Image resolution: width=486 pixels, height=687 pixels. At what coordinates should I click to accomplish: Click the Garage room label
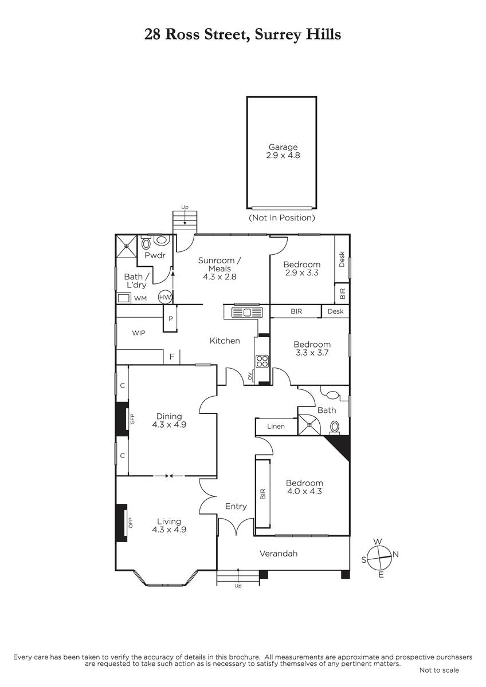pyautogui.click(x=283, y=147)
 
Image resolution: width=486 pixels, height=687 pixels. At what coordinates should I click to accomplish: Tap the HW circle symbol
pyautogui.click(x=165, y=297)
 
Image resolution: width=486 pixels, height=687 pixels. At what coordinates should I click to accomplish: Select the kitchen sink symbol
pyautogui.click(x=248, y=313)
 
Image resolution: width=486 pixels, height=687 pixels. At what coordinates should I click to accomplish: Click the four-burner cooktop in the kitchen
pyautogui.click(x=262, y=361)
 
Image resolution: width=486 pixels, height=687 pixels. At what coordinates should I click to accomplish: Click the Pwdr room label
pyautogui.click(x=155, y=255)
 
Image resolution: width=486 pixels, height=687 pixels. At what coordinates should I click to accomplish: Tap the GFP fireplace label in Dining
pyautogui.click(x=132, y=418)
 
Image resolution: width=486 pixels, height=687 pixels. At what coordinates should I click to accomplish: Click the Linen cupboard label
pyautogui.click(x=276, y=427)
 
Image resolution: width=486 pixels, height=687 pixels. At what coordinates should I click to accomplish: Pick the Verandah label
pyautogui.click(x=279, y=554)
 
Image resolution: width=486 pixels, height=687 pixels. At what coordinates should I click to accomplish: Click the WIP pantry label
pyautogui.click(x=139, y=333)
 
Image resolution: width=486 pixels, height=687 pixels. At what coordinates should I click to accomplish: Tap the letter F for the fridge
pyautogui.click(x=172, y=357)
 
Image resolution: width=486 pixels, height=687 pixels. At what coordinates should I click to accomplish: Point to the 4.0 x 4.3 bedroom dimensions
pyautogui.click(x=304, y=491)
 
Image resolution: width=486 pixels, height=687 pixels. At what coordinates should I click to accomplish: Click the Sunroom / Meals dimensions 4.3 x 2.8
pyautogui.click(x=220, y=277)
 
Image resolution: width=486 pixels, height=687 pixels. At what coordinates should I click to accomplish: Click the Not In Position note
pyautogui.click(x=282, y=218)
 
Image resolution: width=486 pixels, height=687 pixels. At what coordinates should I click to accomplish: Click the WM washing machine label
pyautogui.click(x=140, y=298)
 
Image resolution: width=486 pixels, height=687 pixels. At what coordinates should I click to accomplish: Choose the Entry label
pyautogui.click(x=236, y=506)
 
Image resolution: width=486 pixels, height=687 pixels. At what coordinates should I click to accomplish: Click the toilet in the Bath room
pyautogui.click(x=334, y=427)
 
